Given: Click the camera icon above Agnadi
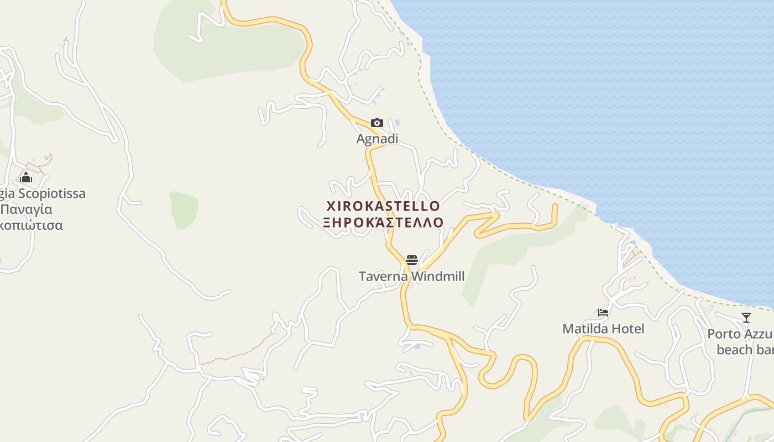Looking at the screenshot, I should pyautogui.click(x=376, y=123).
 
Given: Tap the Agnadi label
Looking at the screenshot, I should pyautogui.click(x=377, y=139).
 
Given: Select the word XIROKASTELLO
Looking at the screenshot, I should pyautogui.click(x=383, y=207).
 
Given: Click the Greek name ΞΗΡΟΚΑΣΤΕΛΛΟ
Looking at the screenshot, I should pyautogui.click(x=383, y=222).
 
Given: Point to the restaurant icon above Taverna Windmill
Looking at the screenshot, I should pyautogui.click(x=411, y=260).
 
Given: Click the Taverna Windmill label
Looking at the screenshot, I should pyautogui.click(x=411, y=276).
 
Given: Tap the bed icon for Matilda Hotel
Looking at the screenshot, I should pyautogui.click(x=603, y=313).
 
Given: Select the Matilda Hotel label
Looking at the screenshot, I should pyautogui.click(x=603, y=329).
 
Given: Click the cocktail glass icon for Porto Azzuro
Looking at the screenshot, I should pyautogui.click(x=746, y=318).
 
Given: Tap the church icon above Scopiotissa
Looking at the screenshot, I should pyautogui.click(x=26, y=177).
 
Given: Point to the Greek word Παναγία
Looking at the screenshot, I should pyautogui.click(x=27, y=209).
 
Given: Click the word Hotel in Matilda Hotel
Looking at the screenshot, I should pyautogui.click(x=627, y=329).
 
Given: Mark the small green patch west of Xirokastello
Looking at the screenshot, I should pyautogui.click(x=184, y=210).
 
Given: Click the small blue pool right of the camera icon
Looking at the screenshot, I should pyautogui.click(x=397, y=122).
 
